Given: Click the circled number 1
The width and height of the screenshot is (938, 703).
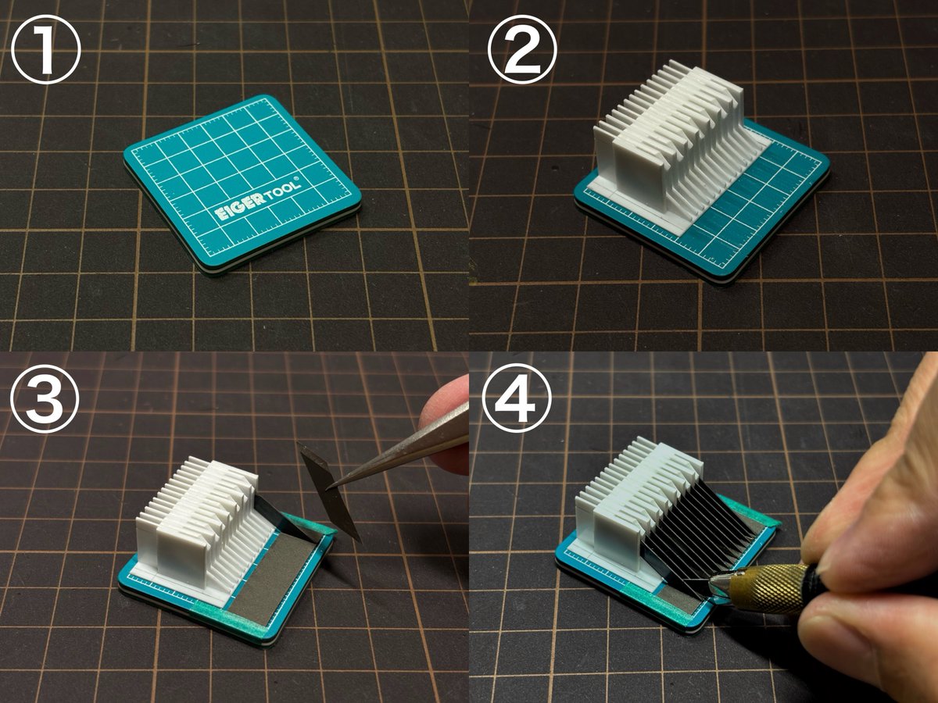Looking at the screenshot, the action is [45, 49].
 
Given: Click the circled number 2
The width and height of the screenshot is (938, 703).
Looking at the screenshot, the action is [522, 49].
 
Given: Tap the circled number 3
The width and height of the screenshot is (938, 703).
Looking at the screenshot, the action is [45, 397].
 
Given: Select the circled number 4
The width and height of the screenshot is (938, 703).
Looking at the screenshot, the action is [517, 398].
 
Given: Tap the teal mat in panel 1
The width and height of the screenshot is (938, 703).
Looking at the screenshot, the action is [242, 184].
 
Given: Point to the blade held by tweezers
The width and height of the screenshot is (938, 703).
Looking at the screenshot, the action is [330, 491].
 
